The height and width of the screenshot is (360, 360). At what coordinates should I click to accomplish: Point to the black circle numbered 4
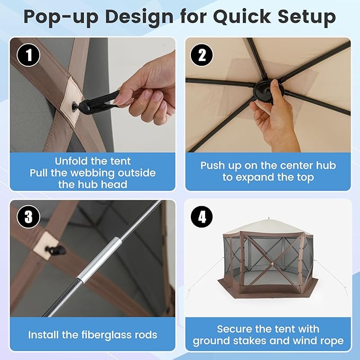pyautogui.click(x=202, y=217)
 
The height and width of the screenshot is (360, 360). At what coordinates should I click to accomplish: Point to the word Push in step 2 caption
pyautogui.click(x=214, y=165)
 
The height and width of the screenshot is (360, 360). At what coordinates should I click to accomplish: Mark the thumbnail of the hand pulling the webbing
pyautogui.click(x=93, y=95)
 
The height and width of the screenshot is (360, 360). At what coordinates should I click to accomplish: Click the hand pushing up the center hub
pyautogui.click(x=273, y=114)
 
